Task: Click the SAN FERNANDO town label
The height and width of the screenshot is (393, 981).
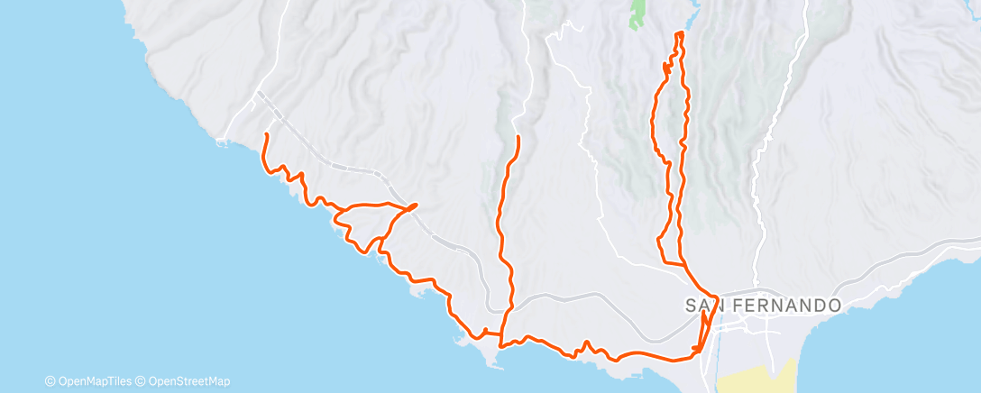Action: click(x=763, y=306)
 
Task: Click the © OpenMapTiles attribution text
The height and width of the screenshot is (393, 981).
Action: click(x=92, y=381)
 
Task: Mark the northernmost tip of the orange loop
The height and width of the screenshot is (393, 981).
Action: click(x=679, y=33)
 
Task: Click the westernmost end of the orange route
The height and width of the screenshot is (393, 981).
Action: click(x=265, y=134)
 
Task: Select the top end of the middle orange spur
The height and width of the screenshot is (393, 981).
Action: click(x=518, y=136)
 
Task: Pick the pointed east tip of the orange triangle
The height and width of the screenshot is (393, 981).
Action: click(x=416, y=206)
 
